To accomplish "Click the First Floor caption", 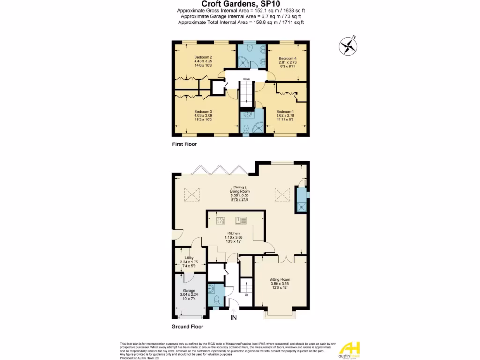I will point(184,144).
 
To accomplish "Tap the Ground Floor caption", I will point(187,326).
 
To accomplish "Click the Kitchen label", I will point(233,233).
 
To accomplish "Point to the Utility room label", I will point(189,258).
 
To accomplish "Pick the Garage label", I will point(189,291).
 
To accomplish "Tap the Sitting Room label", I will point(280,279).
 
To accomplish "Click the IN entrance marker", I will point(234,317).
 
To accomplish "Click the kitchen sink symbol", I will point(241,219).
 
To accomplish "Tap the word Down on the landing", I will point(246,79).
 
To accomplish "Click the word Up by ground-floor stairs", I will point(246,295).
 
